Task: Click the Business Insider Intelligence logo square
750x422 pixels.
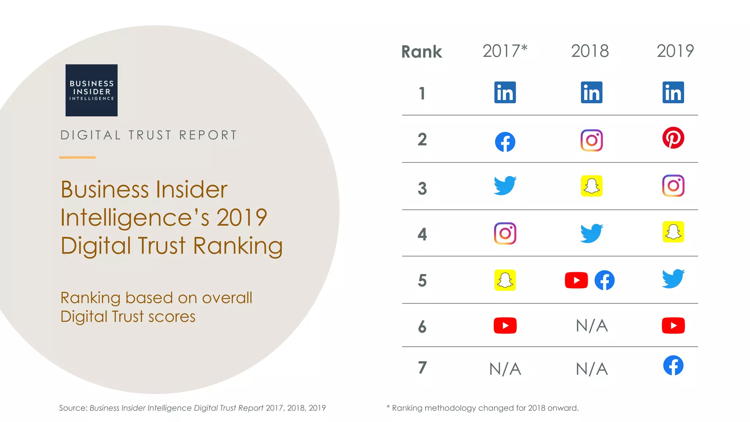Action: pos(92,90)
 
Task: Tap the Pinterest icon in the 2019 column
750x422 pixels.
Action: pos(673,138)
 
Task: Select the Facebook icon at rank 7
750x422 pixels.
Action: pos(673,365)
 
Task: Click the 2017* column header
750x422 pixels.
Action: pos(505,51)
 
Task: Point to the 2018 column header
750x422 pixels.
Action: pos(590,51)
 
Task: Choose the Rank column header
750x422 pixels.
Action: pos(422,52)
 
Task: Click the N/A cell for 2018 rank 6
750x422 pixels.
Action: pos(592,326)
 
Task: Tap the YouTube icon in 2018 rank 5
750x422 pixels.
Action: pos(576,281)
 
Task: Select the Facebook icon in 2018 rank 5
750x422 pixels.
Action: pos(604,281)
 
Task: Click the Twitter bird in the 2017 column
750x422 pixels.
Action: pos(505,186)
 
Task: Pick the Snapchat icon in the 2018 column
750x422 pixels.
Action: pos(591,186)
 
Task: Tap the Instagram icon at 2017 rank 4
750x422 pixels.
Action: pos(505,233)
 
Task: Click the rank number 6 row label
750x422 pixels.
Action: pos(422,326)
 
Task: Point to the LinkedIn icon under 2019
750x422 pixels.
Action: pos(673,92)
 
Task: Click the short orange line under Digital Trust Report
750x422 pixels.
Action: pos(77,158)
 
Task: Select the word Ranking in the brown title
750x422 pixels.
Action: pos(238,245)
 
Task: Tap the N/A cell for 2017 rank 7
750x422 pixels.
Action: pos(505,369)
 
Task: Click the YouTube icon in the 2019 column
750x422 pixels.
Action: pos(673,326)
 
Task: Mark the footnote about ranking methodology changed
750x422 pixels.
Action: pos(483,408)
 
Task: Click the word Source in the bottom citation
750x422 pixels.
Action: pos(73,408)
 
